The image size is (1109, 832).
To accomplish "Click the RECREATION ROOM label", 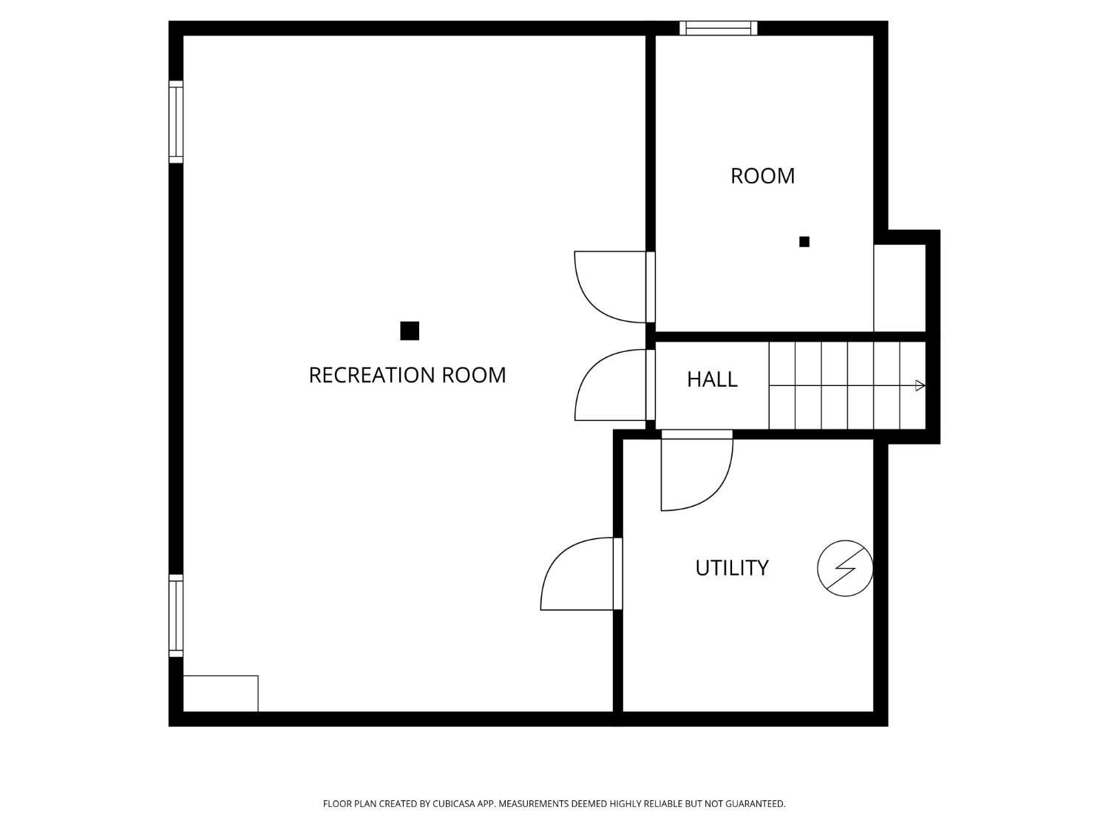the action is click(x=407, y=376).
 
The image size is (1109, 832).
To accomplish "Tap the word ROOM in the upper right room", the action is click(x=762, y=176).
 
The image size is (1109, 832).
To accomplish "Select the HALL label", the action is click(x=712, y=379).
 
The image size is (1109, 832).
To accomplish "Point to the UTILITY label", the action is click(x=732, y=568).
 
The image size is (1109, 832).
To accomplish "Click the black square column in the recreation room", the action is click(x=410, y=331).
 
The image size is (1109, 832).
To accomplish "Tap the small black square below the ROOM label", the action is click(x=804, y=242).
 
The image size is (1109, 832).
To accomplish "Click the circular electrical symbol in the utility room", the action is click(x=845, y=568).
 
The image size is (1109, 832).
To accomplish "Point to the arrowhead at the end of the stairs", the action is click(x=920, y=386).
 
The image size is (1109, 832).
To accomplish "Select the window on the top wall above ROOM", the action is click(x=718, y=28).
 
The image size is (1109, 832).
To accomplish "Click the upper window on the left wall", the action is click(x=176, y=122).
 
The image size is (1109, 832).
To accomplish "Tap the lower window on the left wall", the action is click(x=176, y=616).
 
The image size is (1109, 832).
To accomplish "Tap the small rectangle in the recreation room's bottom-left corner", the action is click(x=221, y=694).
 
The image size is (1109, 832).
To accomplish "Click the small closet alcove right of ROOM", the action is click(x=899, y=288).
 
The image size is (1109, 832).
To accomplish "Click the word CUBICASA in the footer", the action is click(x=454, y=804).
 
